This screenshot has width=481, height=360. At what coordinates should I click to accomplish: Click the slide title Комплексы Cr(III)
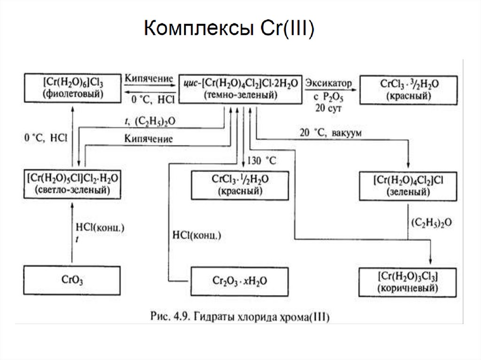[x=229, y=29]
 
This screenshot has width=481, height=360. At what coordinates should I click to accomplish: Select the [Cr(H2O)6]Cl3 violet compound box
[x=72, y=88]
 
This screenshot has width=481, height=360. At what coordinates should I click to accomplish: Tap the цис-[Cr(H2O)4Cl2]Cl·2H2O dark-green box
[x=240, y=88]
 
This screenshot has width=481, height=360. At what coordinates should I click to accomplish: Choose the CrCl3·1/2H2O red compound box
[x=240, y=185]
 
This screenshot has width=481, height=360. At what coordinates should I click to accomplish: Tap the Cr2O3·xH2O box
[x=240, y=281]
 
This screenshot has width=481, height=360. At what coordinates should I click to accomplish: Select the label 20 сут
[x=329, y=108]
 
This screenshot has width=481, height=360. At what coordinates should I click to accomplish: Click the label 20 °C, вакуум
[x=330, y=132]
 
